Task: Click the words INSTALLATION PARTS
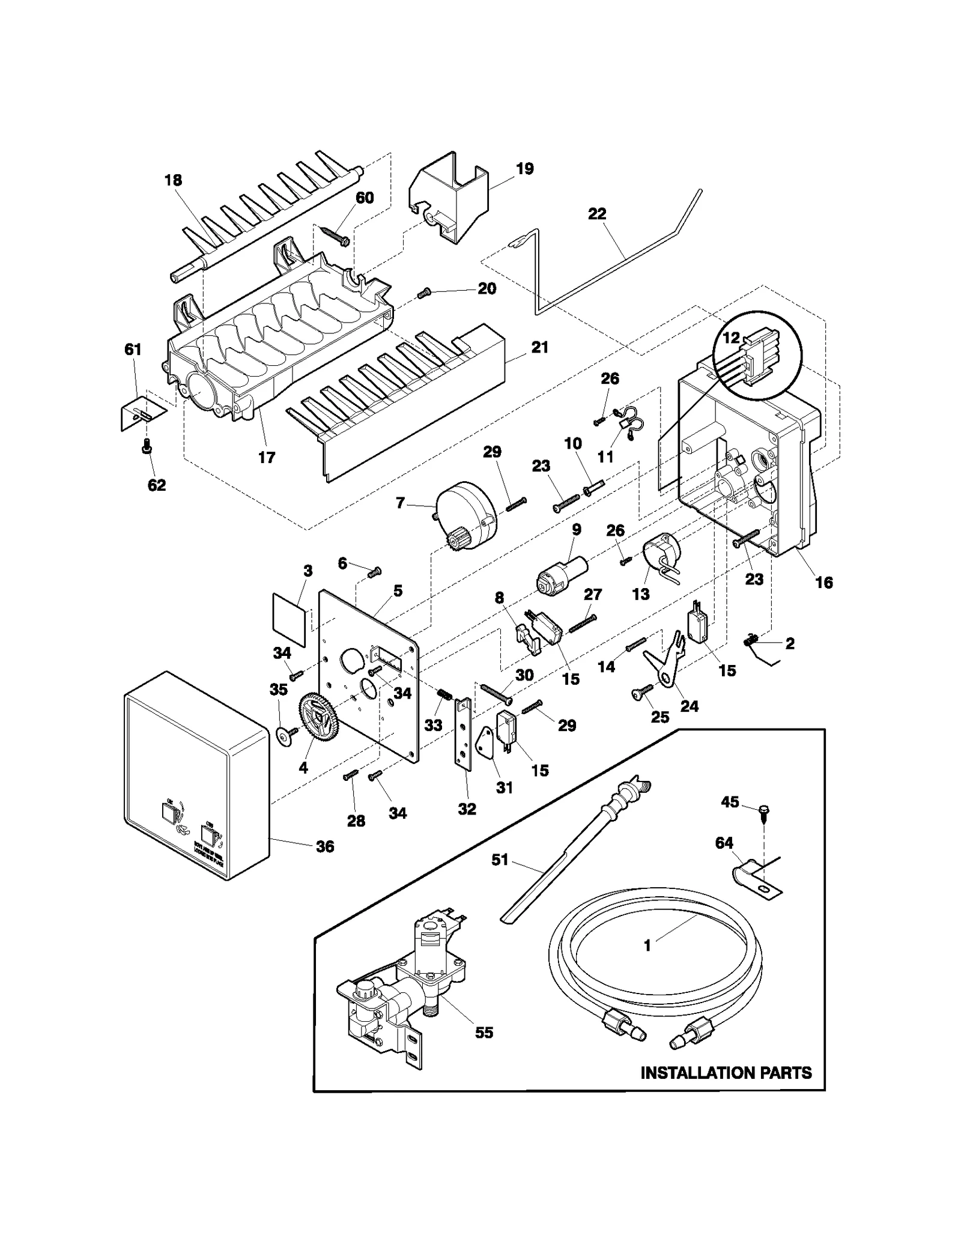click(x=726, y=1072)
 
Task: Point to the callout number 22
click(x=596, y=214)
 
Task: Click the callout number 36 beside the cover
click(x=325, y=846)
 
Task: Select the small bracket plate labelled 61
click(x=142, y=413)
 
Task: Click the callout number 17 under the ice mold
click(x=266, y=457)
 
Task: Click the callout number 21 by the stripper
click(x=539, y=347)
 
